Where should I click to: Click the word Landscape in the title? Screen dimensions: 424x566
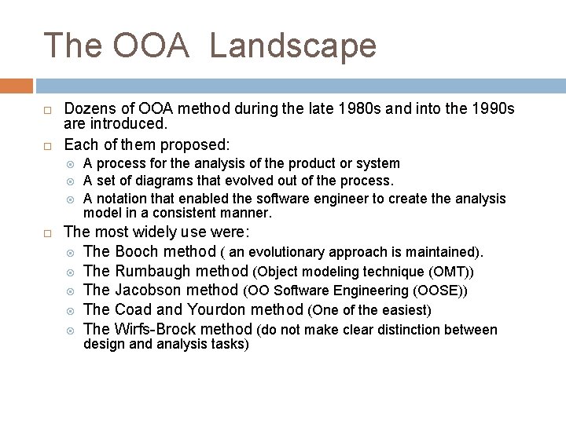click(x=293, y=46)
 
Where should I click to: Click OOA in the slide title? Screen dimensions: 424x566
click(x=152, y=46)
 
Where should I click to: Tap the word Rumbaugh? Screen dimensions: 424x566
click(x=153, y=271)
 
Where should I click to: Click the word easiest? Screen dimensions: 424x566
click(x=404, y=311)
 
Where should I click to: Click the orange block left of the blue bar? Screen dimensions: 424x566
click(x=17, y=86)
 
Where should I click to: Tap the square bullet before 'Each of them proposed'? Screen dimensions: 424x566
click(x=48, y=145)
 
